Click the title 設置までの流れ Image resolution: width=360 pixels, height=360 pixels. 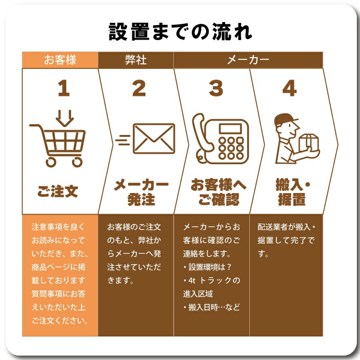[x=180, y=32]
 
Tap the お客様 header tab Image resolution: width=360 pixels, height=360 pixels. [x=60, y=60]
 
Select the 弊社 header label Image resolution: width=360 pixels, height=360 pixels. [x=135, y=60]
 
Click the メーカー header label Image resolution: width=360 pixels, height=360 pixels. [x=248, y=60]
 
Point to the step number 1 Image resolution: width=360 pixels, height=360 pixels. [x=63, y=89]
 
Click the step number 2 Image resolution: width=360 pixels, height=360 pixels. [x=139, y=89]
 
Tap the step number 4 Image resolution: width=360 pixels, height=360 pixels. [x=289, y=89]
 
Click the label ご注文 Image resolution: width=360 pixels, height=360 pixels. [x=58, y=191]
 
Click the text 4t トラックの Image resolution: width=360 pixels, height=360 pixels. [x=211, y=280]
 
